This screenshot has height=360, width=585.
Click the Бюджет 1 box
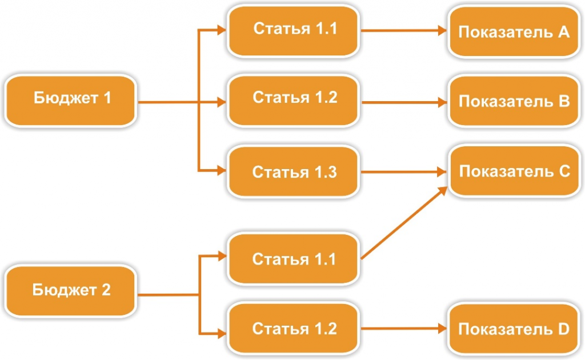pos(72,99)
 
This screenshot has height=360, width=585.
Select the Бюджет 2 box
pos(72,290)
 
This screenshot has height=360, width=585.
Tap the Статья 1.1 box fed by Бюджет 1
pos(295,30)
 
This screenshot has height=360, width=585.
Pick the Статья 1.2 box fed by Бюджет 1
pos(295,98)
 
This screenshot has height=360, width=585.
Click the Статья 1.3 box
pos(295,171)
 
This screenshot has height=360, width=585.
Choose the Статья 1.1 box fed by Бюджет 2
pos(295,259)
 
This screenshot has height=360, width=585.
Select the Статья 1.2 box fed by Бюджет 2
pos(295,330)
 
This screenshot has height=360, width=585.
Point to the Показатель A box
pos(514,31)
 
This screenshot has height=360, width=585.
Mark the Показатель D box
pos(514,330)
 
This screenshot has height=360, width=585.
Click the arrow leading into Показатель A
pos(403,31)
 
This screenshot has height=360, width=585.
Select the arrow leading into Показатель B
pos(403,103)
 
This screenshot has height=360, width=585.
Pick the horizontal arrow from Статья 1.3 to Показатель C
pos(403,171)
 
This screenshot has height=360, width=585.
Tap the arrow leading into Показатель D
pos(403,330)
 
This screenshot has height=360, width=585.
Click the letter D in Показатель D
pos(563,330)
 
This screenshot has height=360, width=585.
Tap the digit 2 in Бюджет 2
pos(106,290)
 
